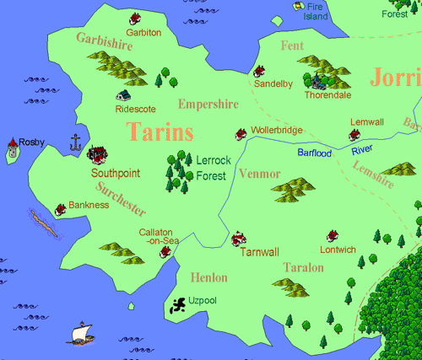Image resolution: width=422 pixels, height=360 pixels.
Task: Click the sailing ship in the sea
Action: pos(80,331)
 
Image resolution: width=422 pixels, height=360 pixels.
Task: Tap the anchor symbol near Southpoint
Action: pos(74,142)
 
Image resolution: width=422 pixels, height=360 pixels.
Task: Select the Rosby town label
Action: pos(31,142)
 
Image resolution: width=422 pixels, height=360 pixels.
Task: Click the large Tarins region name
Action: pos(160,132)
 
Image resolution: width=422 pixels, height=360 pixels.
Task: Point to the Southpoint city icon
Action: pos(97,155)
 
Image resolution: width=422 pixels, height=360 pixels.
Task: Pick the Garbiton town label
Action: pos(143,32)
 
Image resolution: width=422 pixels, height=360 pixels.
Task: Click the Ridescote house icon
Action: pos(124,95)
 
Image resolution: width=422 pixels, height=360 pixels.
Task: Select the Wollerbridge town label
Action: pos(278,131)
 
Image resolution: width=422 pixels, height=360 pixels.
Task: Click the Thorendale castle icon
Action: pos(319,81)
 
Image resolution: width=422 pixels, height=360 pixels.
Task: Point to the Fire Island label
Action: pos(316,11)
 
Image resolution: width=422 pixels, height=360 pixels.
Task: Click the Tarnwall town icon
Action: pos(238,239)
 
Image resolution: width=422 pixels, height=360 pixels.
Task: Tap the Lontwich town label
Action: pos(338,250)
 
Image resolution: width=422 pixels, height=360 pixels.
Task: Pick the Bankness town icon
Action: pos(61,208)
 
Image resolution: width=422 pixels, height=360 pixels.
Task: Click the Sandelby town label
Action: pos(273,84)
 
